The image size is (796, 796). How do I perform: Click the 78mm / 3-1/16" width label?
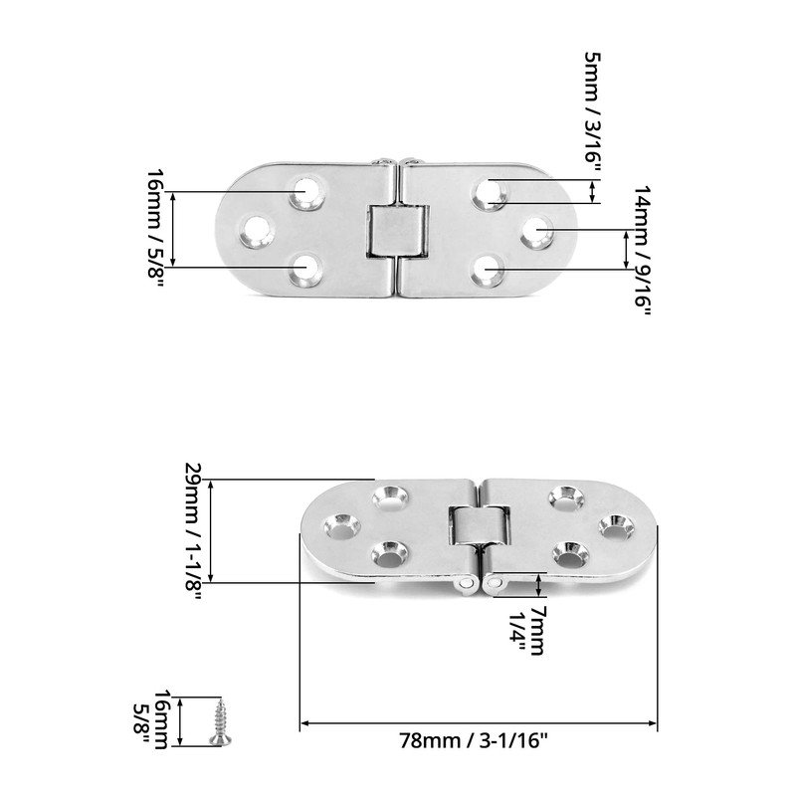475,740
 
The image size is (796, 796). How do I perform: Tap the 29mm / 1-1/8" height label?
194,526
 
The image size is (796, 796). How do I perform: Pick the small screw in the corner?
219,720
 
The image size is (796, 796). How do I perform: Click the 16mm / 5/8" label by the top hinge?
156,228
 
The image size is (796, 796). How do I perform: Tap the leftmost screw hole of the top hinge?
258,231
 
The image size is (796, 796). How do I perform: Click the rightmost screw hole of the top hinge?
537,231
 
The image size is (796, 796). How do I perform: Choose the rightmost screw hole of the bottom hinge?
616,526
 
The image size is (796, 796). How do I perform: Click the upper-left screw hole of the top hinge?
306,191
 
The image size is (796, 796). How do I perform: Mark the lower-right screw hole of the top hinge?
489,270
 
